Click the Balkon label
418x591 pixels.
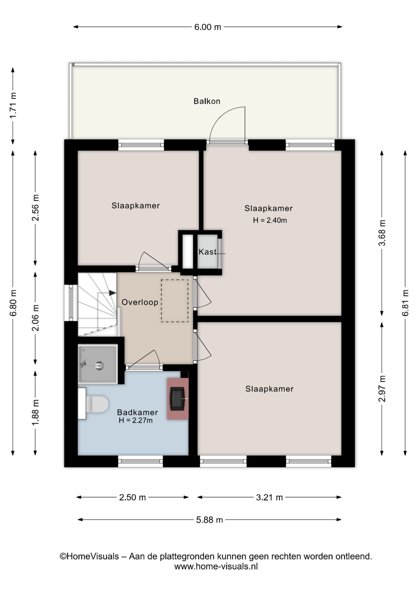tap(207, 101)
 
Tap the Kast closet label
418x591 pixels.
tap(207, 252)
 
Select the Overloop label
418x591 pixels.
tap(140, 302)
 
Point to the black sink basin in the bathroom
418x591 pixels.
tap(177, 398)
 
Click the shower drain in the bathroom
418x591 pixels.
tap(99, 365)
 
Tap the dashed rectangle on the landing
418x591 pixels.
tap(175, 301)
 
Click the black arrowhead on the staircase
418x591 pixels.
tap(112, 293)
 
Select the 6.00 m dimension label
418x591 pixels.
tap(207, 27)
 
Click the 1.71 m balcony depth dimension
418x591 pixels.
tap(13, 106)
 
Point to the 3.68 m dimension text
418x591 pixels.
tap(382, 233)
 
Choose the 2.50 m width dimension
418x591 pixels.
tap(132, 497)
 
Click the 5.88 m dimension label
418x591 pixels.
tap(209, 520)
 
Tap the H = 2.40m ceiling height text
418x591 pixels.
tap(270, 220)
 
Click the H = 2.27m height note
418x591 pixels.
tap(136, 420)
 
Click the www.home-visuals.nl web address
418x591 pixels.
tap(216, 566)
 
